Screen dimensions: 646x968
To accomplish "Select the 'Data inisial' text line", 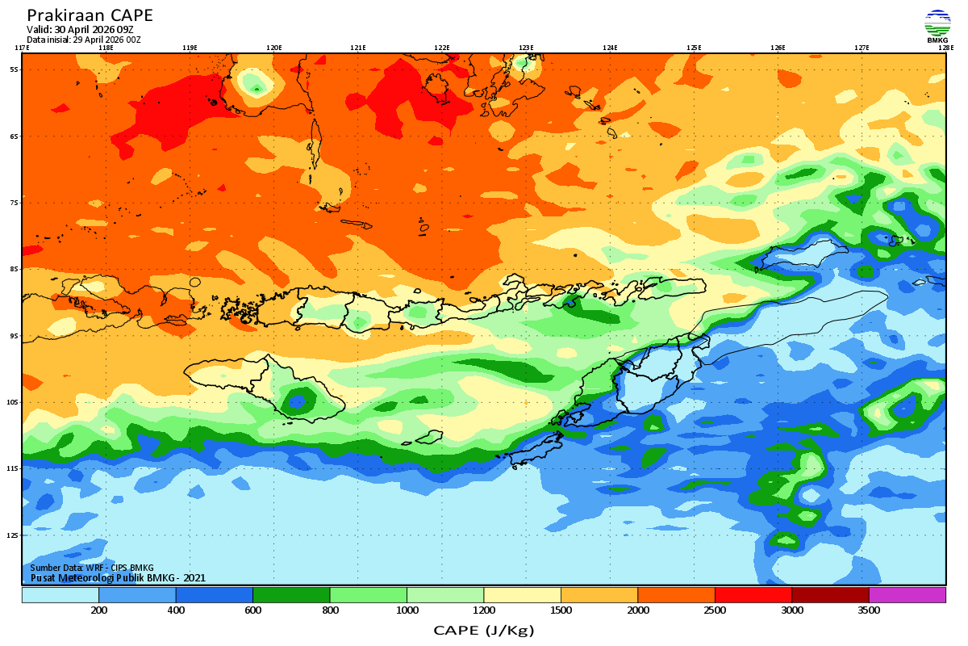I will [84, 40].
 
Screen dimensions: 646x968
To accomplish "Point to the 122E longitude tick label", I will [441, 48].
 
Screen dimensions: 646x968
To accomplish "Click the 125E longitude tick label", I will [694, 48].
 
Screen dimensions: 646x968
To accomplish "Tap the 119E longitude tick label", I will [190, 48].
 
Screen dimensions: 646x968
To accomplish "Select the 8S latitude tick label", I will [15, 269].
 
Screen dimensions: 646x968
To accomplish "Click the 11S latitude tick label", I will [14, 468].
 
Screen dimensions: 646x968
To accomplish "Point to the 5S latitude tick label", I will [15, 69].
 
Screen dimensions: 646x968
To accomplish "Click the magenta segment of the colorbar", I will [907, 595].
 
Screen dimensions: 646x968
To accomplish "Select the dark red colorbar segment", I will [830, 595].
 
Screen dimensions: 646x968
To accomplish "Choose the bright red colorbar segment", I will [753, 595].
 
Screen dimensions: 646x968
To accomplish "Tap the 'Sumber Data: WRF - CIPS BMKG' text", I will [92, 568].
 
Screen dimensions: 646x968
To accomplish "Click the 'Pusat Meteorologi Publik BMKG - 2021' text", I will [118, 577].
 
